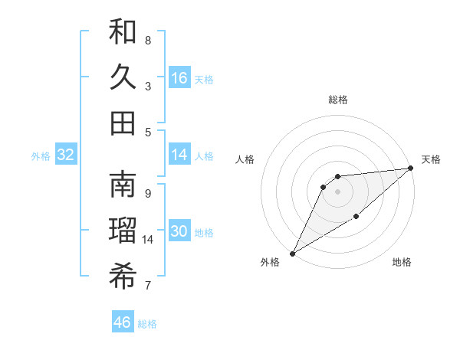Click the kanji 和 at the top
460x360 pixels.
pos(123,32)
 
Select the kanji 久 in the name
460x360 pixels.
pos(123,77)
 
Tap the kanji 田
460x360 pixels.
pos(123,123)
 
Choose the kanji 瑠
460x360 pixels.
pos(123,231)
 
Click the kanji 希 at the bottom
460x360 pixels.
pos(123,277)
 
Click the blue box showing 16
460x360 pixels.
pos(179,78)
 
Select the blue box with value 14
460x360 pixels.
pos(179,155)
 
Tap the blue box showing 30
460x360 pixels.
pos(179,231)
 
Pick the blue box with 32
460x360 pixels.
pos(66,155)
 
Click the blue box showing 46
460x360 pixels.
pos(123,322)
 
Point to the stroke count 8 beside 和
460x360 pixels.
pos(148,41)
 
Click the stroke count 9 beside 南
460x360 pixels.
pos(148,193)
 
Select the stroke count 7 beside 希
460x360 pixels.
pos(148,286)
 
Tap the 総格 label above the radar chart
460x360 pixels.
pos(337,100)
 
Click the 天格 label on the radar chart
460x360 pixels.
pos(431,159)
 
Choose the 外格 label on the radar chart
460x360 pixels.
pos(270,263)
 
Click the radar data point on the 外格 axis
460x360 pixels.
pos(292,254)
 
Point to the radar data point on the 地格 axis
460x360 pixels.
pos(356,218)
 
